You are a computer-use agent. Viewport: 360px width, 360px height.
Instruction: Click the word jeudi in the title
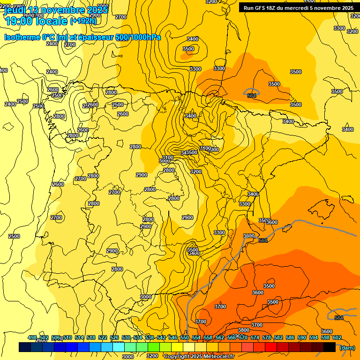15,10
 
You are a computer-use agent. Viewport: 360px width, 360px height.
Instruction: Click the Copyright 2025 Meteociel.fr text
199,357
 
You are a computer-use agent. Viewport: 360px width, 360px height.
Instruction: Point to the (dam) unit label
347,348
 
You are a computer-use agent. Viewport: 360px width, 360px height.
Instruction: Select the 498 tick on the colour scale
32,338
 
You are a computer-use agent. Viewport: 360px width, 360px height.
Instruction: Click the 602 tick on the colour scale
337,338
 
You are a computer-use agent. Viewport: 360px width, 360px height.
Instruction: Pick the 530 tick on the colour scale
126,338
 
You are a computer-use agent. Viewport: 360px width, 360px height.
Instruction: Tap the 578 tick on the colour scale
267,338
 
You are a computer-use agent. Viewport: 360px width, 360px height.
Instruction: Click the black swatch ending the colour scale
330,347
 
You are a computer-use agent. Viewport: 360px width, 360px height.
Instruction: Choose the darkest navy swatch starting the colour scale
25,347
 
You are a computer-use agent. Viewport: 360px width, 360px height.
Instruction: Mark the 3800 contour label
244,317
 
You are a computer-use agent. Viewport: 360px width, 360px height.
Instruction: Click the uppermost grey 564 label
252,96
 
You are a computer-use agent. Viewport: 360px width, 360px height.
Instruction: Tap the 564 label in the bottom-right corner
339,318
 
